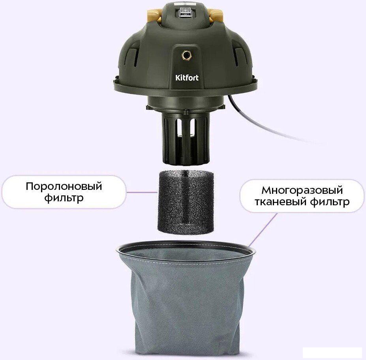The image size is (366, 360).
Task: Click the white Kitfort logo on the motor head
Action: [x=187, y=78]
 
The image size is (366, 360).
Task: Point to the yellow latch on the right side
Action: [x=215, y=15]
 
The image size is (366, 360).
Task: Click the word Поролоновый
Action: [x=64, y=186]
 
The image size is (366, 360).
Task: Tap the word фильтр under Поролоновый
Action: [x=64, y=197]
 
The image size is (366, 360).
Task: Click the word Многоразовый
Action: [x=301, y=191]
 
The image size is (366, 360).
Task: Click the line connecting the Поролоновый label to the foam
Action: [x=142, y=192]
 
